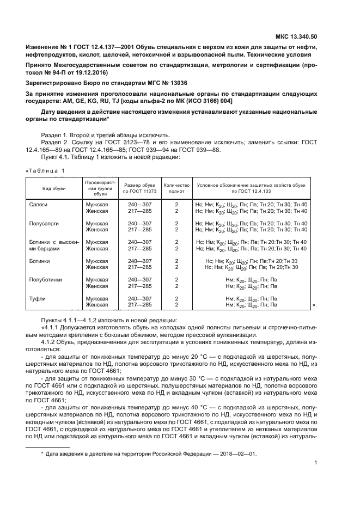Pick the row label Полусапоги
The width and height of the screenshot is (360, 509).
[44, 223]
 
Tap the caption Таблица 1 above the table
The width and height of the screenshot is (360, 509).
[45, 171]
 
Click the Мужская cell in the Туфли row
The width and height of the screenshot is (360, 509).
[97, 299]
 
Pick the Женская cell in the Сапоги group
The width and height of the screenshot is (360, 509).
[97, 210]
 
